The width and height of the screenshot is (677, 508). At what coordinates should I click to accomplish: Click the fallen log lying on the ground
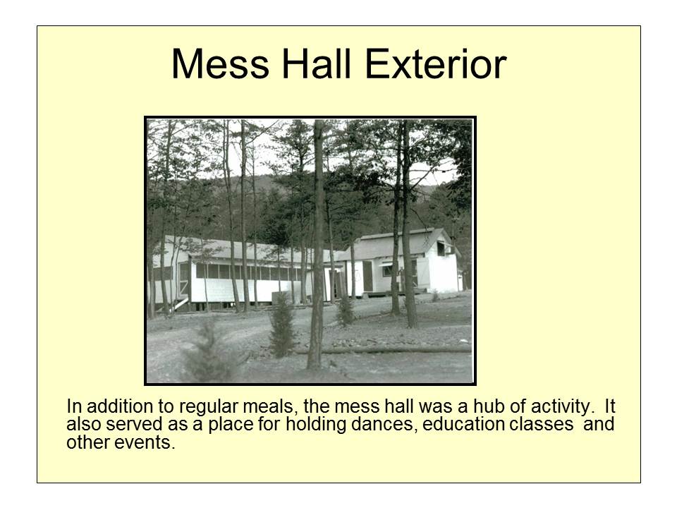(395, 349)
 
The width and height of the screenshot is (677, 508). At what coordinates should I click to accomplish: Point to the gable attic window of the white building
(442, 248)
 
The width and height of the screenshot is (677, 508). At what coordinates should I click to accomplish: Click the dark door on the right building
(367, 276)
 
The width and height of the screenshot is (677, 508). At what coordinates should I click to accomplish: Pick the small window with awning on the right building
(387, 269)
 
